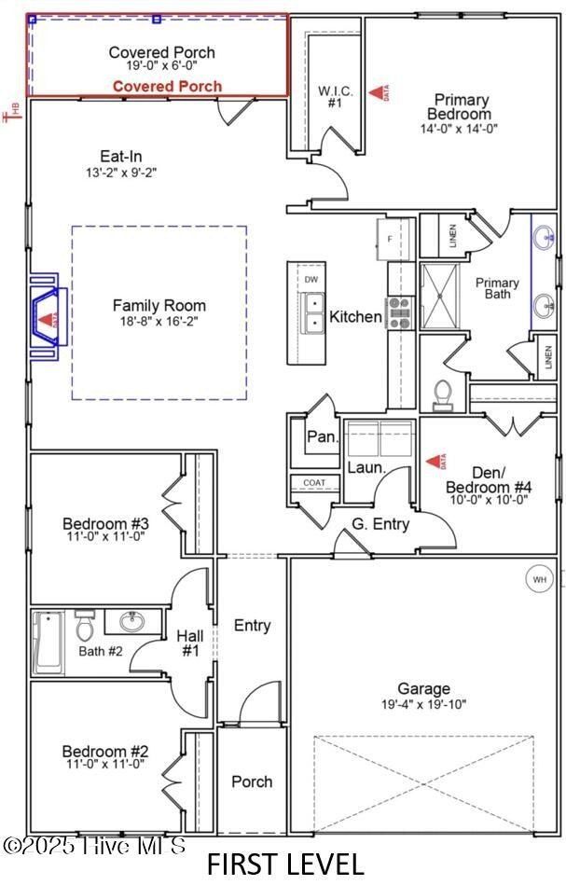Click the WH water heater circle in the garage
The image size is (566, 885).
pyautogui.click(x=539, y=579)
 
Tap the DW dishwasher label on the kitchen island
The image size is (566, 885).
pyautogui.click(x=311, y=279)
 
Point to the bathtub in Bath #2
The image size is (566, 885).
pyautogui.click(x=48, y=643)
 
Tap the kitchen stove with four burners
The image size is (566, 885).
pyautogui.click(x=401, y=311)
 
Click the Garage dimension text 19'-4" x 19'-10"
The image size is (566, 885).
pyautogui.click(x=423, y=704)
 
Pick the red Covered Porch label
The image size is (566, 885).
pyautogui.click(x=168, y=87)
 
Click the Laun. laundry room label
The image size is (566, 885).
pyautogui.click(x=366, y=467)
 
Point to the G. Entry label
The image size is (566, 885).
pyautogui.click(x=380, y=524)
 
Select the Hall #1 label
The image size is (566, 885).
pyautogui.click(x=190, y=643)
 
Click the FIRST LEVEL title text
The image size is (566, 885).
pyautogui.click(x=285, y=864)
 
